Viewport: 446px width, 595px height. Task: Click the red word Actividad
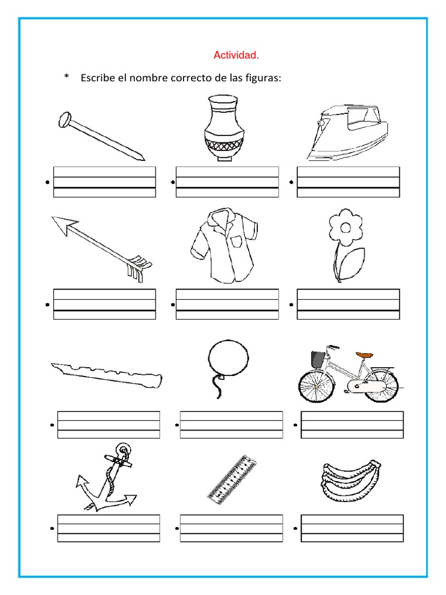tap(236, 56)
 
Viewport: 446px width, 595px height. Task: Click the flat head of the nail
tap(64, 120)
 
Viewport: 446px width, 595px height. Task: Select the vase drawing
tap(224, 128)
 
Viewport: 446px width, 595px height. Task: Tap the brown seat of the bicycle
tap(364, 354)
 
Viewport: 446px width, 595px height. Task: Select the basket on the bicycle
tap(317, 359)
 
